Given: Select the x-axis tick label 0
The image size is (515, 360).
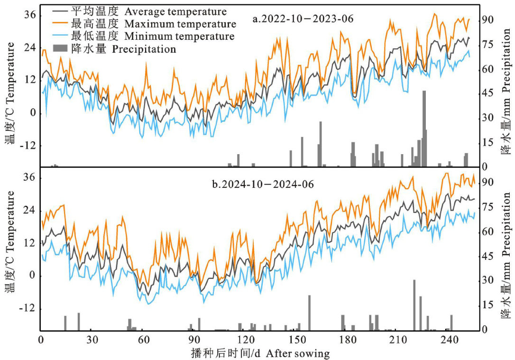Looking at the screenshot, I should tap(41, 341).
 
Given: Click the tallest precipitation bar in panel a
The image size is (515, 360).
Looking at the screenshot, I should tap(424, 128).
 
